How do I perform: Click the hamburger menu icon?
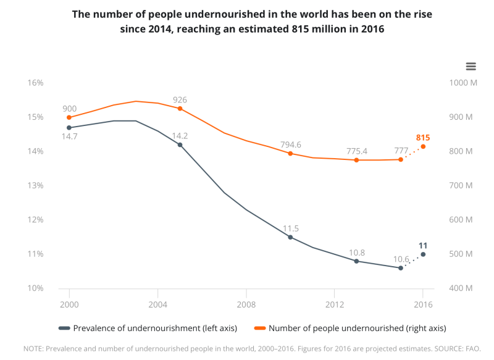471,66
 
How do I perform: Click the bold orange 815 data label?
423,138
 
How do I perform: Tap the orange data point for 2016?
423,146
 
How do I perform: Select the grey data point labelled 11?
423,254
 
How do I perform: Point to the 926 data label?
180,99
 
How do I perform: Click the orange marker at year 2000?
69,117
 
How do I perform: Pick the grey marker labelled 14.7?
69,128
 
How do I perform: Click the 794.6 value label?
290,144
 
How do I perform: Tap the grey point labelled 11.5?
290,237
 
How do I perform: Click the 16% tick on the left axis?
35,83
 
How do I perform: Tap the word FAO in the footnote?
472,349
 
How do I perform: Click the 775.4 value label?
356,151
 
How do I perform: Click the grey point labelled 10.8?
356,261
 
